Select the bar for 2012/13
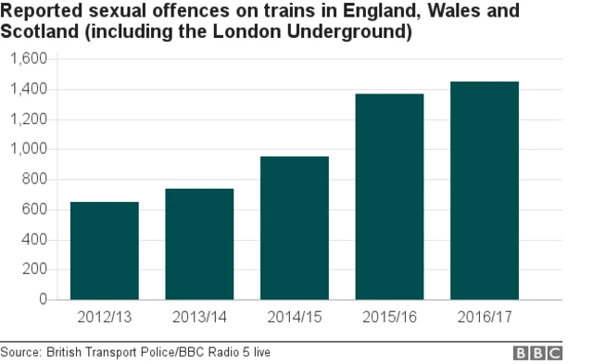click(x=105, y=251)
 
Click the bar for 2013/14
click(x=199, y=245)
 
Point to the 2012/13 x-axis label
click(x=105, y=318)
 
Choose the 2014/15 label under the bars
click(x=294, y=318)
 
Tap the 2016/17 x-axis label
click(x=484, y=318)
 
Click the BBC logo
click(x=538, y=353)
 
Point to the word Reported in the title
click(x=43, y=12)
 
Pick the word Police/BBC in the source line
click(x=185, y=353)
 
